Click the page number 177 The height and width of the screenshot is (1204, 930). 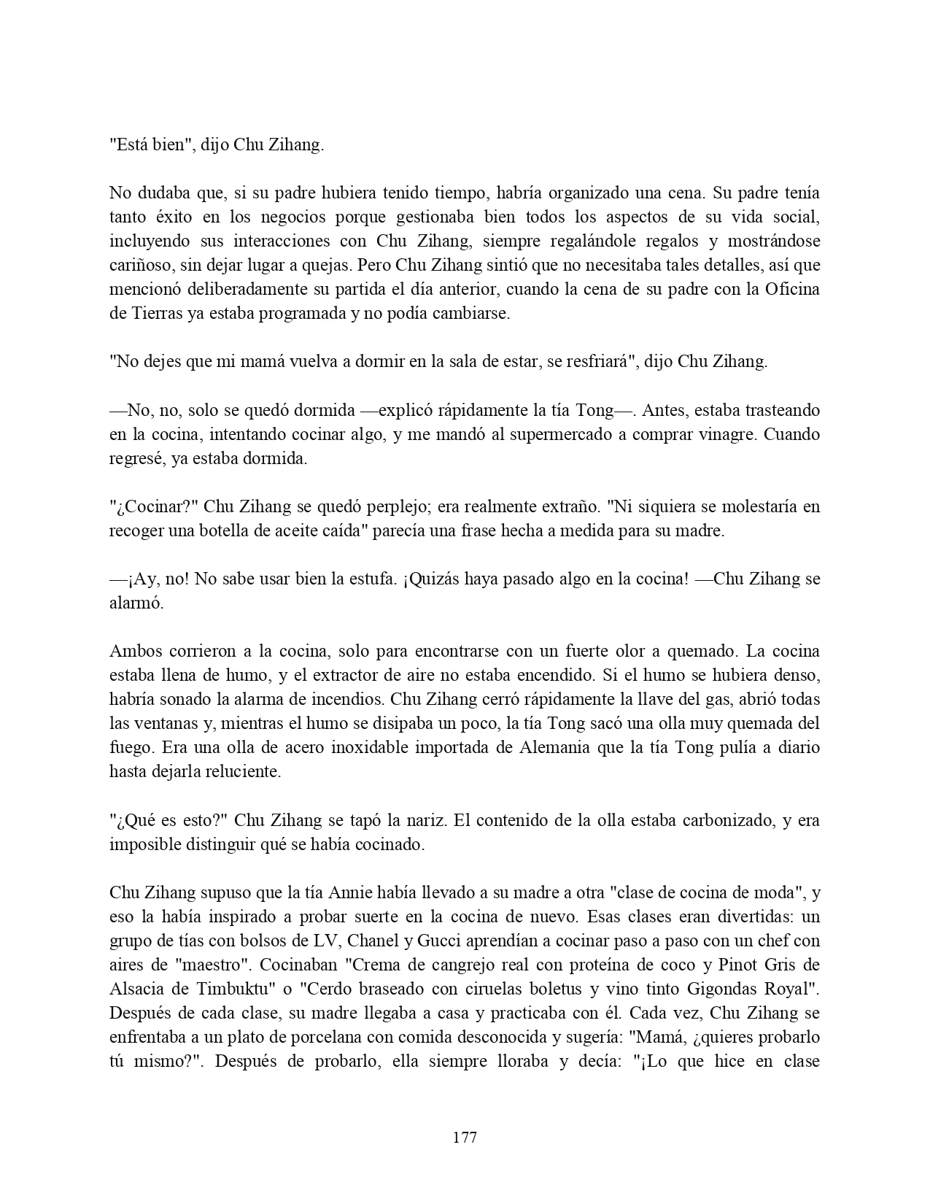click(465, 1137)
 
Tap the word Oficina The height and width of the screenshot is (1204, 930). click(792, 289)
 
